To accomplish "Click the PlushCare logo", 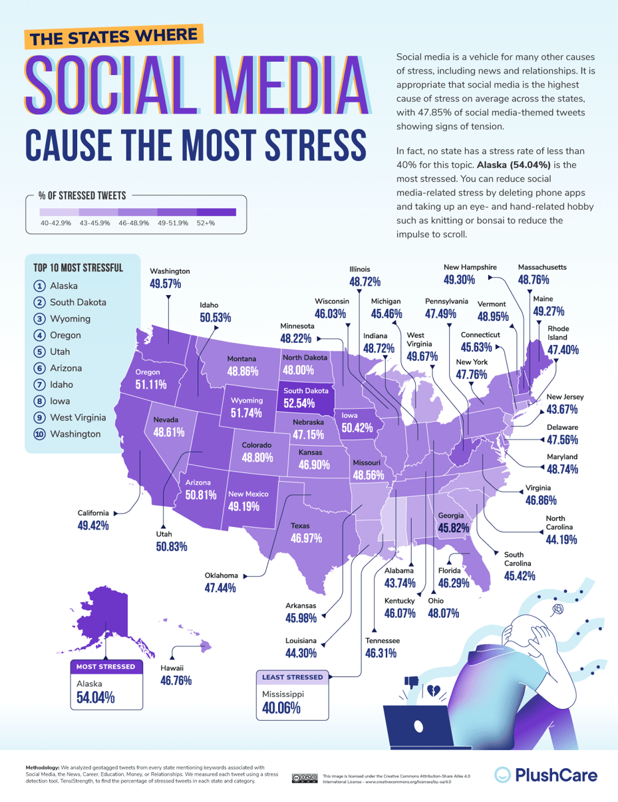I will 545,775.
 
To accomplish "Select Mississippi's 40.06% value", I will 278,708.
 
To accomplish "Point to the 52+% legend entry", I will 206,223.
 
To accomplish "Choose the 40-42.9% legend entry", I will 56,223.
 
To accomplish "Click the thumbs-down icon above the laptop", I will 410,682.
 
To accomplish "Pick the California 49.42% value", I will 92,526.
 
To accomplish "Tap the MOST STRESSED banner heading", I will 106,666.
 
